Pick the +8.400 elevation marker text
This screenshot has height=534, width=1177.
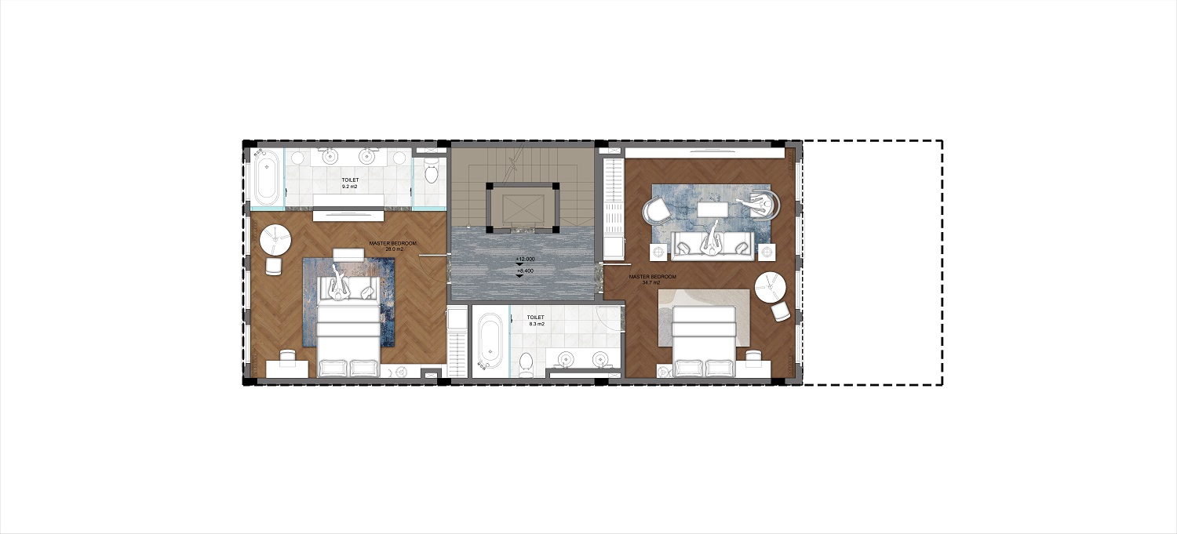click(x=526, y=271)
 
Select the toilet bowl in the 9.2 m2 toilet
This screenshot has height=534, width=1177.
click(x=431, y=172)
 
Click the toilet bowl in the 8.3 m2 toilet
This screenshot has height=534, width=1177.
click(x=526, y=364)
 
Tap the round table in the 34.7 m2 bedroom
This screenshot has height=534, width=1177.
click(x=771, y=287)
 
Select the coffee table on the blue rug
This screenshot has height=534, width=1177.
click(x=712, y=209)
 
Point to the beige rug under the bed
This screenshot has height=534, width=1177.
click(x=704, y=317)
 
